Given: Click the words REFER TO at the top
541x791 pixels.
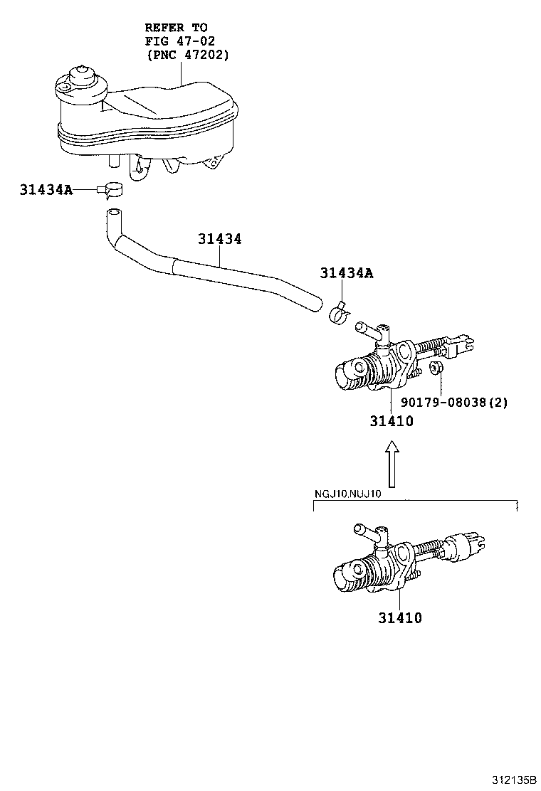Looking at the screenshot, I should pyautogui.click(x=176, y=27).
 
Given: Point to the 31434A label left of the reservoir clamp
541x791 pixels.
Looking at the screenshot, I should pyautogui.click(x=46, y=189).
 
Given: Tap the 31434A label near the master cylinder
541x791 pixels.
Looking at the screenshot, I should pyautogui.click(x=347, y=273).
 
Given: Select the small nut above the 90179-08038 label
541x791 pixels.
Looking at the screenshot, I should pyautogui.click(x=437, y=368).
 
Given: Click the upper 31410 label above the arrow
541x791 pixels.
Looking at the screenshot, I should pyautogui.click(x=391, y=421).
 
